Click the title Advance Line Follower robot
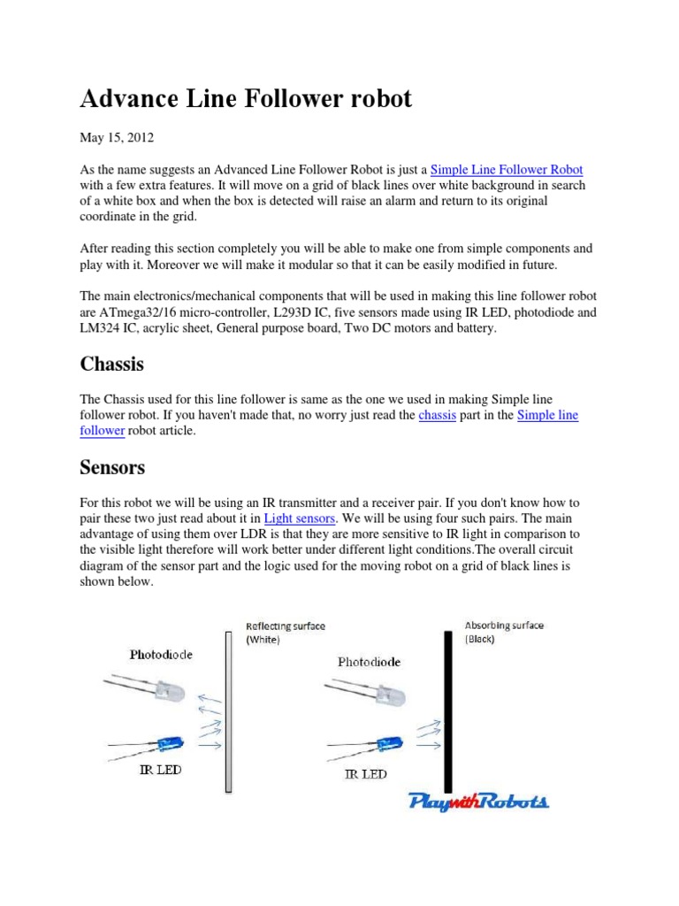(246, 99)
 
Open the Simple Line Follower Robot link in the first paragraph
(507, 169)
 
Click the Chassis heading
(111, 365)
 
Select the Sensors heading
(112, 467)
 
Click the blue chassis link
(437, 415)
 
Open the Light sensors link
(301, 518)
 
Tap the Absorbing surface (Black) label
(504, 631)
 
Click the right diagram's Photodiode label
(369, 661)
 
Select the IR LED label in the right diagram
(364, 774)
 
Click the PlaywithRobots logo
(478, 802)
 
